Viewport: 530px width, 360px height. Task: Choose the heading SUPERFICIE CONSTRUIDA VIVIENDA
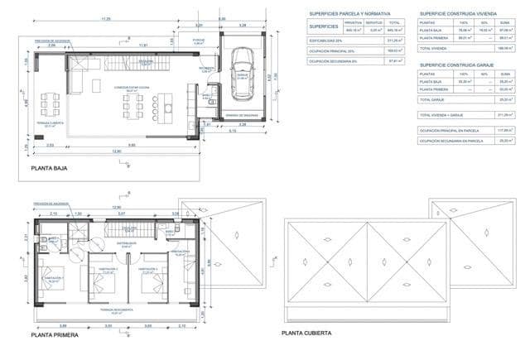pos(465,14)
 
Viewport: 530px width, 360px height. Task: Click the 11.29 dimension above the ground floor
pos(105,19)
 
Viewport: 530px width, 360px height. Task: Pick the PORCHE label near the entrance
pos(199,41)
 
